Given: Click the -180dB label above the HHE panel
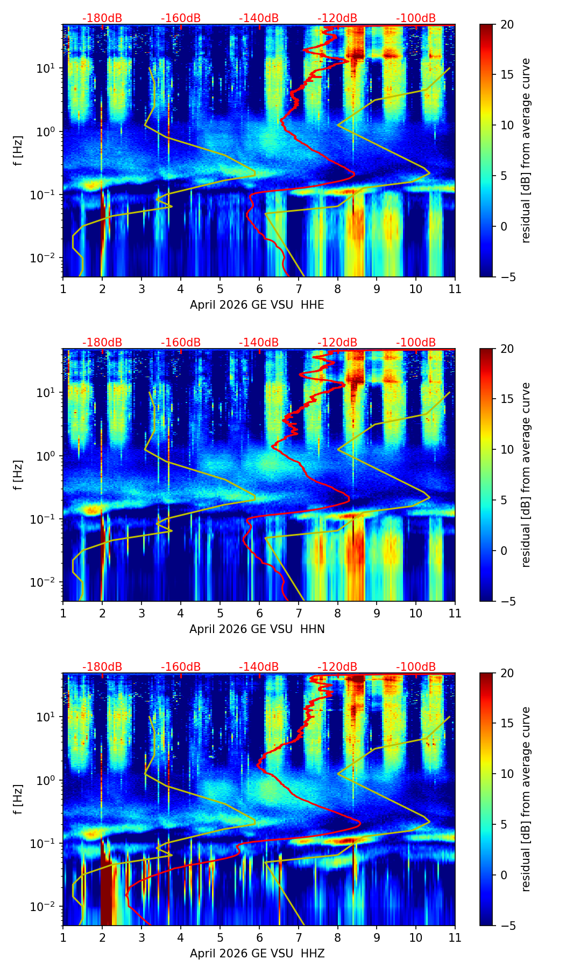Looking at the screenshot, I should click(x=102, y=18).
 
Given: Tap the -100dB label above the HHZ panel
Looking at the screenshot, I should click(x=416, y=667).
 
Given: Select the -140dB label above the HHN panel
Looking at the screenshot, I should click(x=259, y=343).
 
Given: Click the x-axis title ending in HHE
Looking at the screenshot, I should click(x=257, y=305).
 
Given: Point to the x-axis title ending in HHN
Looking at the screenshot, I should click(x=257, y=629).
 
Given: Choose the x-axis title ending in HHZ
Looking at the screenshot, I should click(x=257, y=954).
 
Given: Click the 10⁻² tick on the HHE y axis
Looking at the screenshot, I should click(x=47, y=259).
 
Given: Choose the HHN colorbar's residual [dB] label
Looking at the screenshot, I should click(x=526, y=475).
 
